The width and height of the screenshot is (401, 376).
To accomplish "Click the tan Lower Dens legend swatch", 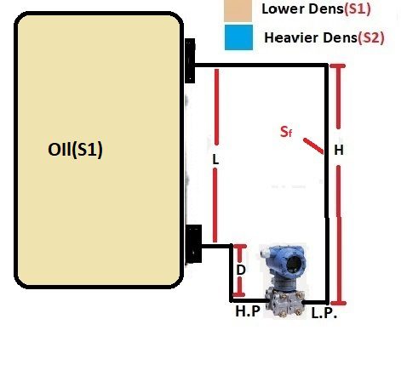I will [238, 11].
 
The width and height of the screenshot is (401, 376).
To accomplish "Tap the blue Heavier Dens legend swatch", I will [238, 37].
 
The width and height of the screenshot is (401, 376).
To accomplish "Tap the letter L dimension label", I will [216, 158].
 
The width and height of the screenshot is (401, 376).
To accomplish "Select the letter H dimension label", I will [339, 150].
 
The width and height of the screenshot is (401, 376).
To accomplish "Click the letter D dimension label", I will [241, 270].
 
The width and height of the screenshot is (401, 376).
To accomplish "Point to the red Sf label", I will [287, 132].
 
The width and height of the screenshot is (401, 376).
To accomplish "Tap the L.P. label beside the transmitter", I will [325, 315].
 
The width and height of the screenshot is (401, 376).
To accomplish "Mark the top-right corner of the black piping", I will [328, 66].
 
